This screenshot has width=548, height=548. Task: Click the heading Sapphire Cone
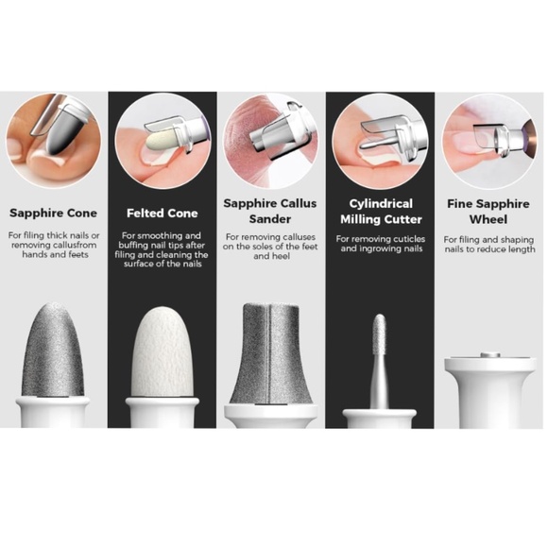tap(54, 213)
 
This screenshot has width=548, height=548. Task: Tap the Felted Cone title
tap(163, 213)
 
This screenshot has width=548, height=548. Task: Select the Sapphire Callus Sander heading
tap(270, 210)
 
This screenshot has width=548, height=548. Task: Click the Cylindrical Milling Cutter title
tap(380, 211)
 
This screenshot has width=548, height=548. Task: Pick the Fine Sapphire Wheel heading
tap(488, 210)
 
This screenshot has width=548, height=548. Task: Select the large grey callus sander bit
tap(270, 354)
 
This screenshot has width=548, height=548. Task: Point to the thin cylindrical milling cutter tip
tap(380, 340)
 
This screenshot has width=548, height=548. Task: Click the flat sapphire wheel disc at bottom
tap(488, 359)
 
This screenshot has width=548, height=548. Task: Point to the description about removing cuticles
tap(380, 245)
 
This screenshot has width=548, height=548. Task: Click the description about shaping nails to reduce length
tap(488, 246)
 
